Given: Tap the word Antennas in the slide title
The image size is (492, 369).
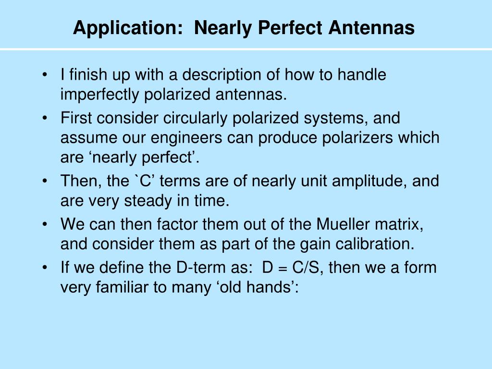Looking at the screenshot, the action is pyautogui.click(x=371, y=27).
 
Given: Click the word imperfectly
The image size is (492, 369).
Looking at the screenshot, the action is pyautogui.click(x=99, y=95).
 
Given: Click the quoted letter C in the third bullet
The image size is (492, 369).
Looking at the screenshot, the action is pyautogui.click(x=145, y=181).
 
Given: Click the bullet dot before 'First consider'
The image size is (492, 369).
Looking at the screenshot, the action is pyautogui.click(x=45, y=119).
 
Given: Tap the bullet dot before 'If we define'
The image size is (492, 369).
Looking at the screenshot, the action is pyautogui.click(x=45, y=268).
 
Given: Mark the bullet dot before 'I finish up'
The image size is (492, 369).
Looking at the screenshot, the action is pyautogui.click(x=45, y=75).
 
